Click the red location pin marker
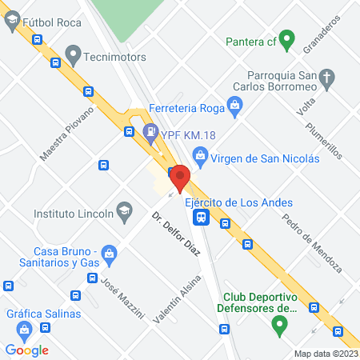coord(180,177)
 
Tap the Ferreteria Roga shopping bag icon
coord(234,103)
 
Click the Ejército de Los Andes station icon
coord(202,216)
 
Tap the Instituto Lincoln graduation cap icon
coord(124,212)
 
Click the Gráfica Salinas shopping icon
coord(26,328)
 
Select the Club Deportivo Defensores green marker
coord(278,325)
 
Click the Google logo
coord(27,350)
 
